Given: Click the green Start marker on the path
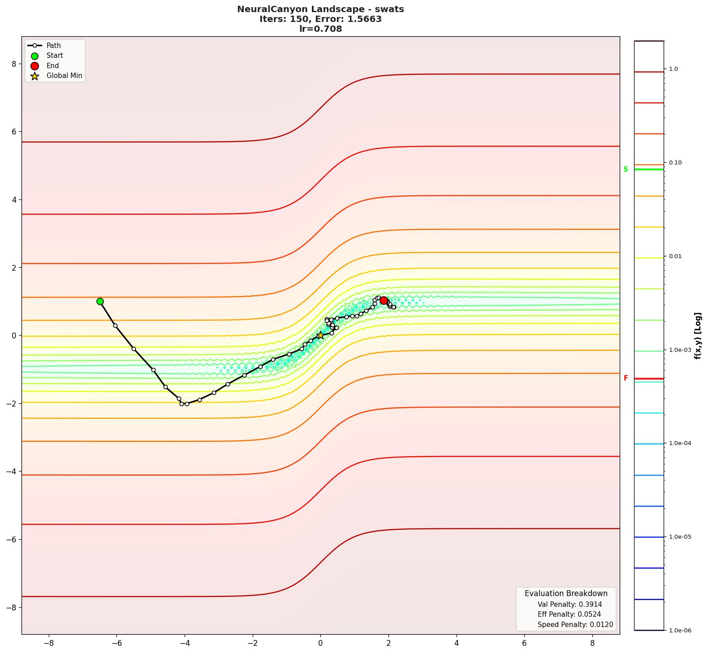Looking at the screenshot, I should click(100, 302).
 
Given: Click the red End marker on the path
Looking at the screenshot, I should click(384, 301).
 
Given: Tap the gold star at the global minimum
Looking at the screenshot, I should click(320, 336).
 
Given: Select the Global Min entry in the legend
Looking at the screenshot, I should click(64, 76).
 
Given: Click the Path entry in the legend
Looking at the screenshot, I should click(53, 46).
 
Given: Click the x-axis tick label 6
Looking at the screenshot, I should click(524, 643).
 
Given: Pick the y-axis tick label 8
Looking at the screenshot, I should click(14, 64).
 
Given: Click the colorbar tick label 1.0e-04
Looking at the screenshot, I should click(680, 444).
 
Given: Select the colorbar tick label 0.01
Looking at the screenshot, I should click(675, 257).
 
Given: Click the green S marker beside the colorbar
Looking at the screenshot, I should click(626, 169).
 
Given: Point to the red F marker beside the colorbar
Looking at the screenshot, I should click(626, 378).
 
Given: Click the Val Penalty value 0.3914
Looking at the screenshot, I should click(589, 605).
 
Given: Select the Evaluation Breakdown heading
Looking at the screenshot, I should click(566, 593).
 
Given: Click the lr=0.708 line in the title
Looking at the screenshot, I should click(320, 29).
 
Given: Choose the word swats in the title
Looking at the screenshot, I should click(389, 9).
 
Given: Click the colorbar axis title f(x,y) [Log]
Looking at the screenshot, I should click(698, 336).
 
